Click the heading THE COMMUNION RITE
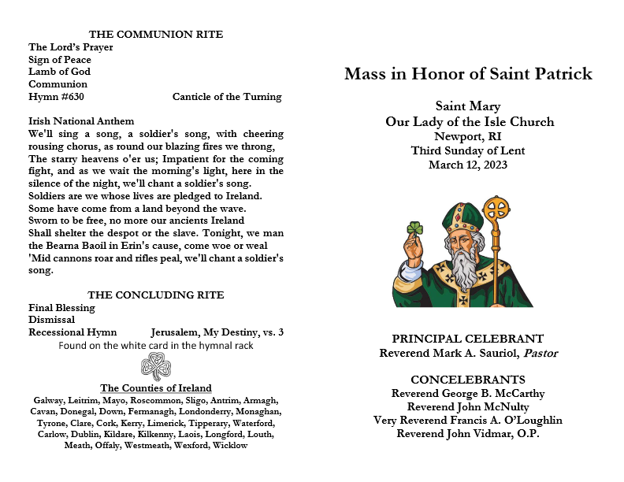point(156,35)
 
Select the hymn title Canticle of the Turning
point(227,97)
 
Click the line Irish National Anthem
point(81,121)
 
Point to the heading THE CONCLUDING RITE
point(156,295)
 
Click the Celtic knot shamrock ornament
point(156,366)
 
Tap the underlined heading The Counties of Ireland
point(156,388)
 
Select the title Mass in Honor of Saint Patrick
point(468,75)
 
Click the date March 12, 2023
point(468,165)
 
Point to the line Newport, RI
point(468,136)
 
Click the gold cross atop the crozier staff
point(496,210)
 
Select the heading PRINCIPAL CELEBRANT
point(468,339)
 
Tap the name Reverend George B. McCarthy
point(468,394)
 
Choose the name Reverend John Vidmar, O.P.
point(468,434)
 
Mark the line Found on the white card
point(156,346)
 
